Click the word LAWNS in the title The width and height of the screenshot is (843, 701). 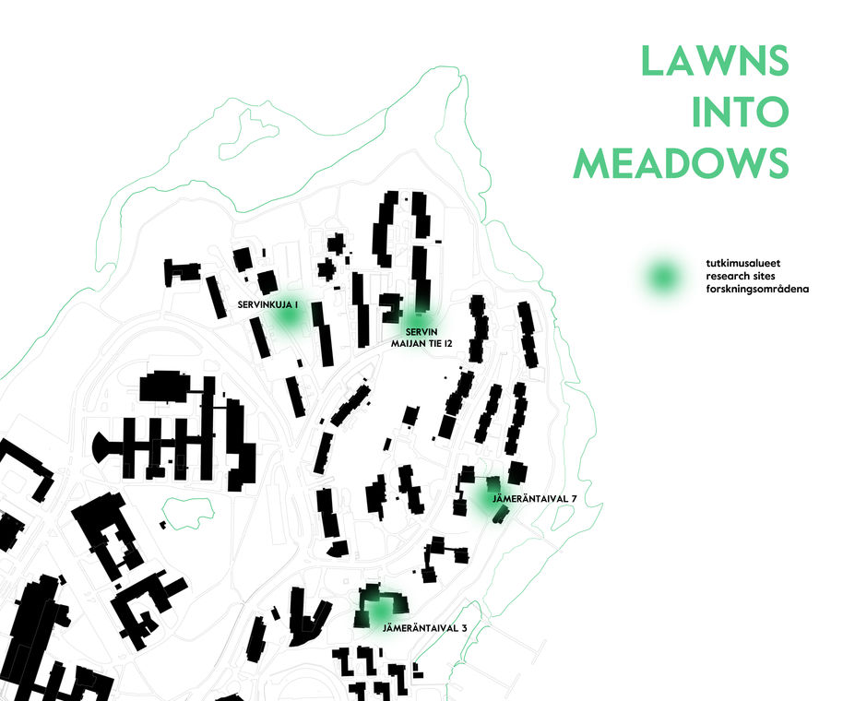716,62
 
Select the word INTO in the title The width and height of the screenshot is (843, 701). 741,112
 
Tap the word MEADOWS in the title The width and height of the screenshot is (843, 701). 682,162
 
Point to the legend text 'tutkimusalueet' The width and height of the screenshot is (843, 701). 737,263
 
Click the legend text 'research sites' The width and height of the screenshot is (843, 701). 735,276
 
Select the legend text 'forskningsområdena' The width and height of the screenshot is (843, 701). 750,289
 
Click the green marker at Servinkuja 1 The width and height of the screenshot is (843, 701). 288,316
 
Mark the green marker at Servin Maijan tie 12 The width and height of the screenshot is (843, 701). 419,315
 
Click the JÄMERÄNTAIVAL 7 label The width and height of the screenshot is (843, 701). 535,499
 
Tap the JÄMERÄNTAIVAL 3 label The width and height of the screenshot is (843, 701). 424,628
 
